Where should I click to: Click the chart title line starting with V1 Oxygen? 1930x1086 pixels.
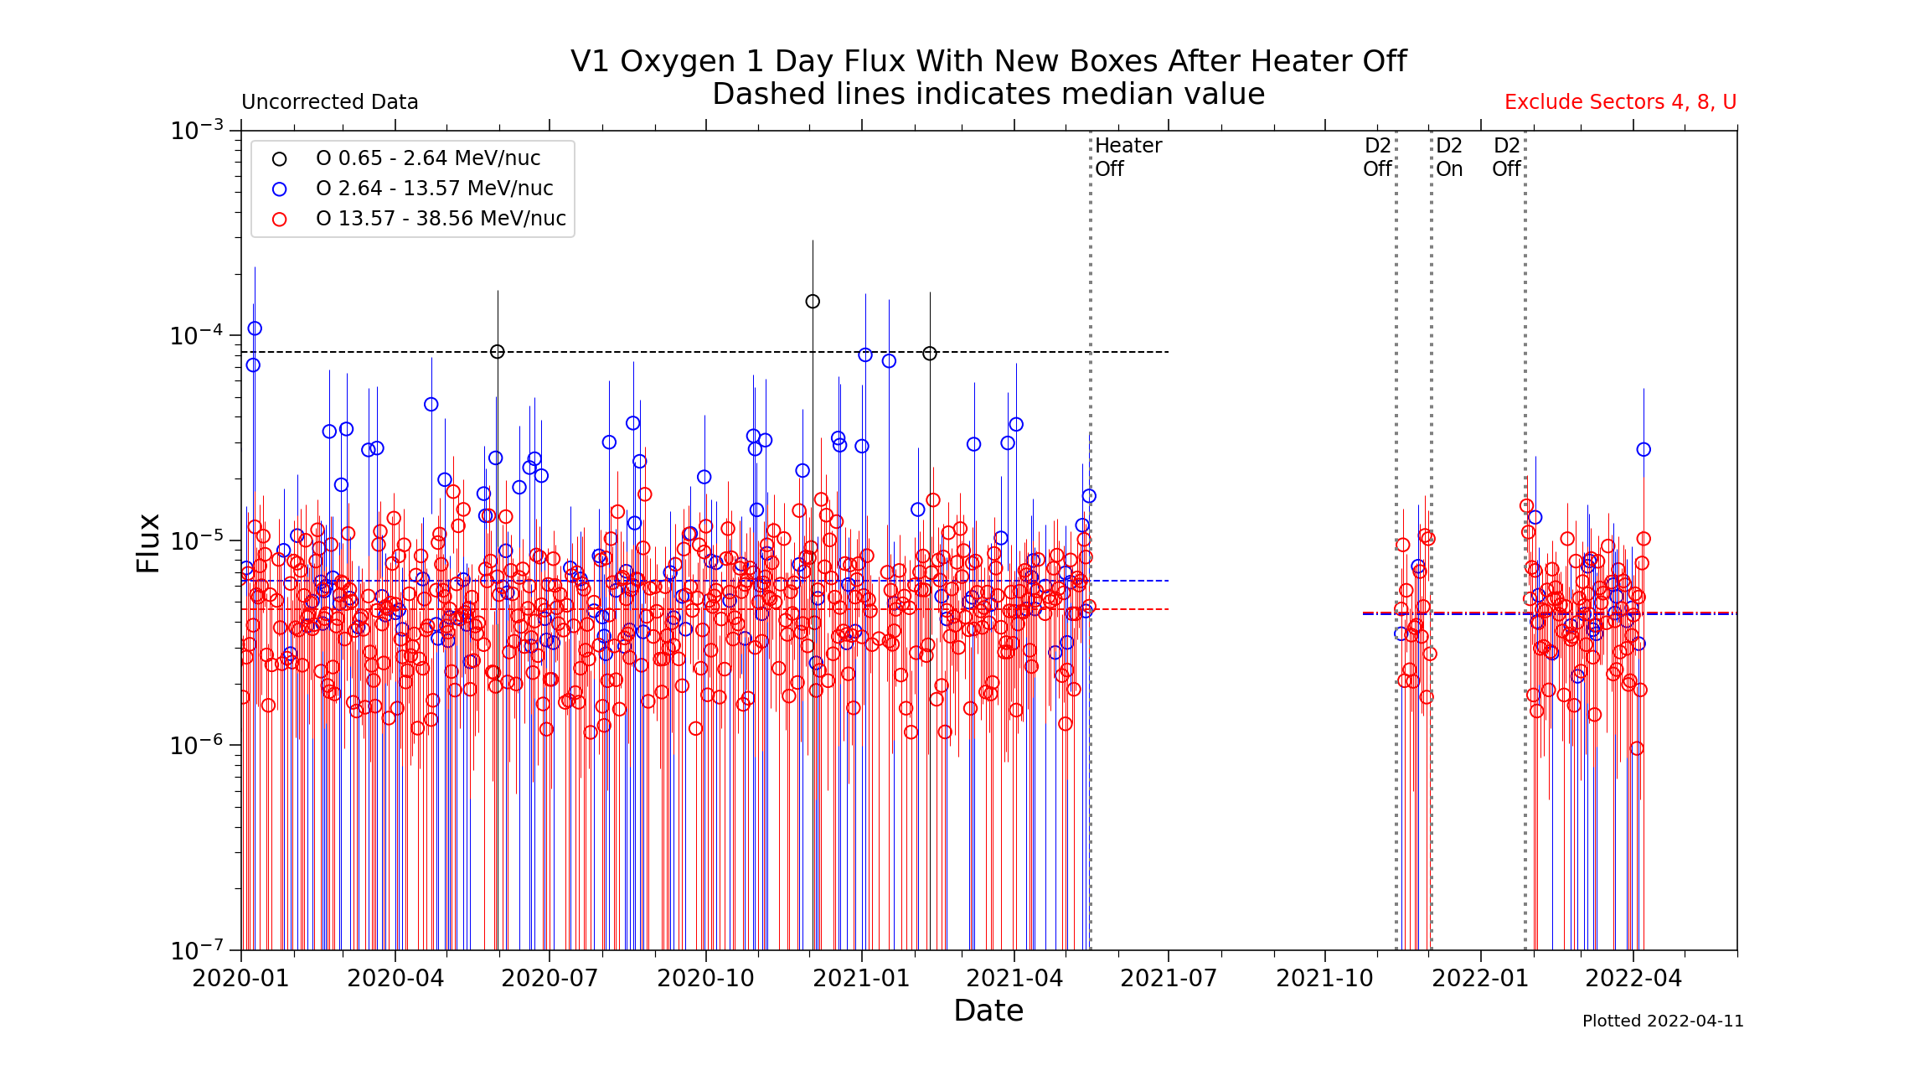(988, 62)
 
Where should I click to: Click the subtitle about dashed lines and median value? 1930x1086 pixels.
(988, 95)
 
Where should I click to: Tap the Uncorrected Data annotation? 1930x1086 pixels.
(329, 102)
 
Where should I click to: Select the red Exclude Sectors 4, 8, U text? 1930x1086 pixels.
(1620, 102)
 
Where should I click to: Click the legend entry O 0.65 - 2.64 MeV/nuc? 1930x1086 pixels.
(427, 158)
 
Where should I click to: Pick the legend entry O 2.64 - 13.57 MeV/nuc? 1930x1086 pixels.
(434, 189)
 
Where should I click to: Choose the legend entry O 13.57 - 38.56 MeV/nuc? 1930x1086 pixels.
(441, 219)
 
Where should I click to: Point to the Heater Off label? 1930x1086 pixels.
(1128, 157)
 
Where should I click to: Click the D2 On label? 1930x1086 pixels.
(1449, 157)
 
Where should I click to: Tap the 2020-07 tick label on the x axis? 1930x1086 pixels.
(550, 979)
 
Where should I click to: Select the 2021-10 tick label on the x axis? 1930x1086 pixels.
(1324, 979)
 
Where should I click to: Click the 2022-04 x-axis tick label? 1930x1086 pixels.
(1633, 979)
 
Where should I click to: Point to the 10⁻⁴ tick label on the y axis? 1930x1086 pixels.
(197, 335)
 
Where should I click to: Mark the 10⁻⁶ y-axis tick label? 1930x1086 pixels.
(197, 744)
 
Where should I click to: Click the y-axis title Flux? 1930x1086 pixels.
(148, 543)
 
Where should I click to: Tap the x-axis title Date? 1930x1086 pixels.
(988, 1011)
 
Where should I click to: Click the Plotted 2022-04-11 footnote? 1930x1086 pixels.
(1662, 1021)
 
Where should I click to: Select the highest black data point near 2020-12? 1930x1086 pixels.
(813, 302)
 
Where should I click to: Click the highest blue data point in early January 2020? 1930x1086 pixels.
(255, 328)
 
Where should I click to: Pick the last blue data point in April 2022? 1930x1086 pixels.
(1644, 450)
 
